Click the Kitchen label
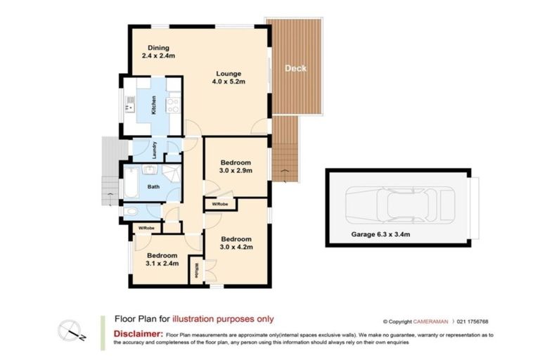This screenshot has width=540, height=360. coord(153,106)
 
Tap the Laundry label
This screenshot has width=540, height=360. coord(153,150)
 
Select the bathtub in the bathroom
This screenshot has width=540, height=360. coord(132,188)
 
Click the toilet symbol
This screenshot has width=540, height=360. coord(131,211)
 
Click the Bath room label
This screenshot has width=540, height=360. coord(153,187)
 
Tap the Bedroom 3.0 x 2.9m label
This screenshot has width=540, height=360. coord(236,165)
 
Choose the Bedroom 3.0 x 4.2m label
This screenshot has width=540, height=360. coord(235,243)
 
